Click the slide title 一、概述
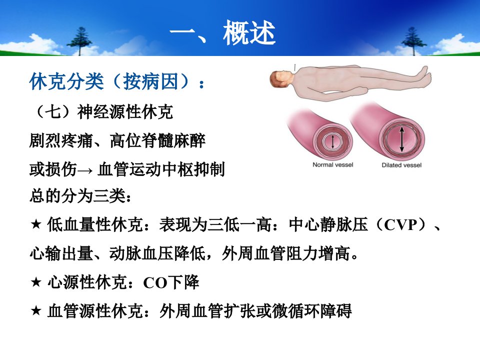(222, 33)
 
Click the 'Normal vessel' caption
(333, 164)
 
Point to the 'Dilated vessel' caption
(401, 165)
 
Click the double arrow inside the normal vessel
(333, 141)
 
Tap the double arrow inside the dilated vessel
(402, 139)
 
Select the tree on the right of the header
(413, 41)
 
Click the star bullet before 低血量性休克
(36, 224)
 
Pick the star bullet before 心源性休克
(36, 281)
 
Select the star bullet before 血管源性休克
(36, 310)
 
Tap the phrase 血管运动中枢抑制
(161, 169)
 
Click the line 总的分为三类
(80, 196)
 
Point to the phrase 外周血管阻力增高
(286, 253)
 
